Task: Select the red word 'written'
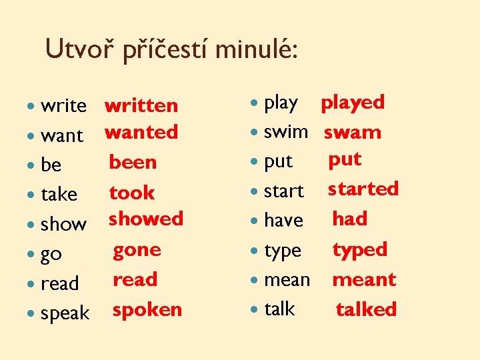[141, 105]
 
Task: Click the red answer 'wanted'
[141, 132]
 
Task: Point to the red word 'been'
[133, 162]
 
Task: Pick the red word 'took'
[132, 193]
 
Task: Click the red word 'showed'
[146, 219]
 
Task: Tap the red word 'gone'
[137, 250]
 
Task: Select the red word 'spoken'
[147, 309]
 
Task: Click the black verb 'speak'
[65, 313]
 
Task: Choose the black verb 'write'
[63, 105]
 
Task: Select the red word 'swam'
[353, 132]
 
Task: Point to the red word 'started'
[363, 189]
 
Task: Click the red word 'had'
[350, 219]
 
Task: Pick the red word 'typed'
[359, 250]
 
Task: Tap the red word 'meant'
[364, 279]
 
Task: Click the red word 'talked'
[366, 309]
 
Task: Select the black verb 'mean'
[287, 279]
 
